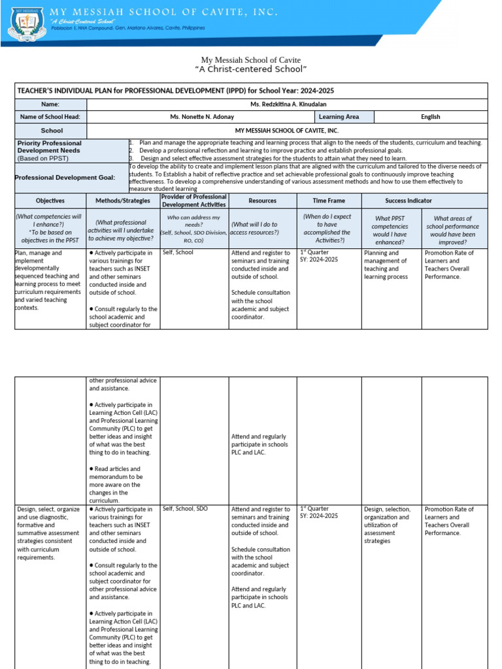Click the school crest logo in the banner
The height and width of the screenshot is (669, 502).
click(26, 25)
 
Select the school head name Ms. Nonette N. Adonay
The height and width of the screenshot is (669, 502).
click(201, 117)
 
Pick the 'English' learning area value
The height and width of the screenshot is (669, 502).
click(431, 117)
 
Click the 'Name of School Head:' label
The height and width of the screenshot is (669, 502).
click(50, 117)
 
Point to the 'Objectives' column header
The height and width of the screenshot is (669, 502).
click(50, 201)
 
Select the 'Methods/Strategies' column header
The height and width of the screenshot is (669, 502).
click(123, 201)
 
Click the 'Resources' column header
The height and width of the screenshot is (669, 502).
click(263, 201)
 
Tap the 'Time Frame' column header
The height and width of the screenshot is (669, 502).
click(329, 201)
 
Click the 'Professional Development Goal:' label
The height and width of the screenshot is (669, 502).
click(65, 178)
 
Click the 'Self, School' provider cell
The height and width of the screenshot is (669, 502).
click(178, 252)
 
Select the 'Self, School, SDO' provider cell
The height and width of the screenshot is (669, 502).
click(185, 508)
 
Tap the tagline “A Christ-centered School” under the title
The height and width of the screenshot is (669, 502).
click(251, 69)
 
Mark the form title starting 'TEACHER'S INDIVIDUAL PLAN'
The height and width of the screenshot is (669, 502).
click(176, 91)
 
